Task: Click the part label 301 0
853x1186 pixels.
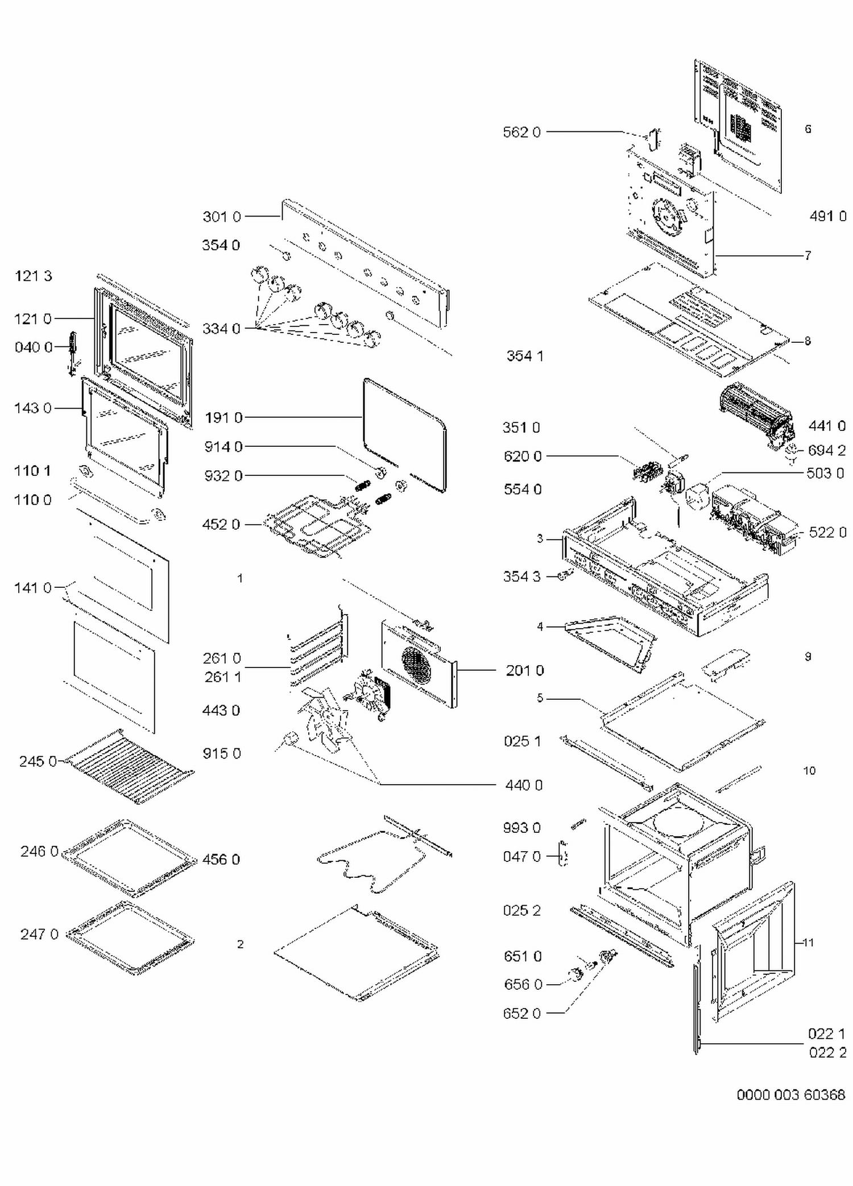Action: click(221, 217)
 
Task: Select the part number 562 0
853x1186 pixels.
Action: click(521, 132)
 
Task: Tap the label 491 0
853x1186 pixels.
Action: click(827, 216)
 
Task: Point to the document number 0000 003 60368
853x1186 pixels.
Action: click(790, 1094)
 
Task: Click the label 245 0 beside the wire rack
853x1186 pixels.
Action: click(38, 761)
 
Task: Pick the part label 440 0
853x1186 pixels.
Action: click(523, 785)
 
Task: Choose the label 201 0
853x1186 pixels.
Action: click(524, 671)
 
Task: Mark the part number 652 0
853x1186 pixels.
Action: click(521, 1013)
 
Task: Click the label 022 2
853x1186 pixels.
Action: click(827, 1052)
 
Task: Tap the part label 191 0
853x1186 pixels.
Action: click(223, 418)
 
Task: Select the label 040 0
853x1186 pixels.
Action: click(33, 347)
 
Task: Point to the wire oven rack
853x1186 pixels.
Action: click(130, 767)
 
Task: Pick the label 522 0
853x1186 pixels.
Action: click(827, 532)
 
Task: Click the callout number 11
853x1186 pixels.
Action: click(808, 943)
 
